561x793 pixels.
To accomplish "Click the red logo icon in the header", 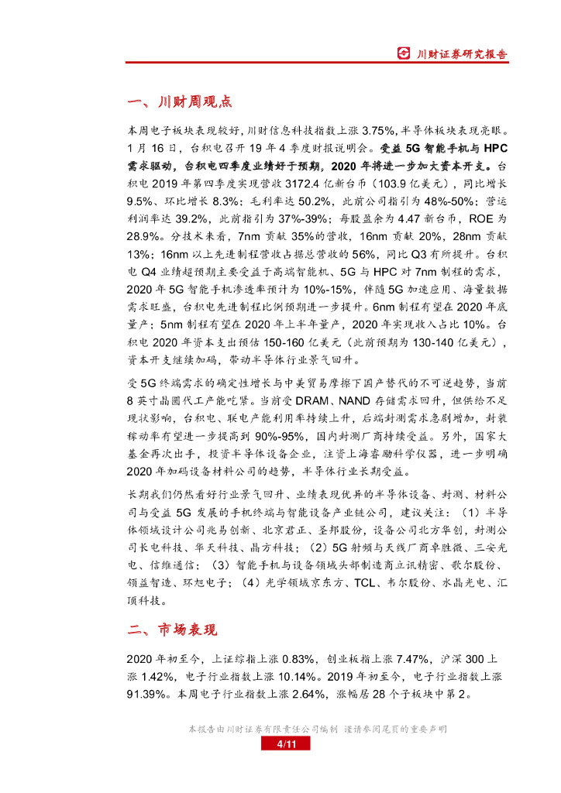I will click(403, 53).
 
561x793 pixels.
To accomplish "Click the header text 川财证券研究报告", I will click(463, 54).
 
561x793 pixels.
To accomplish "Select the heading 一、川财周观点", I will click(179, 102).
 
